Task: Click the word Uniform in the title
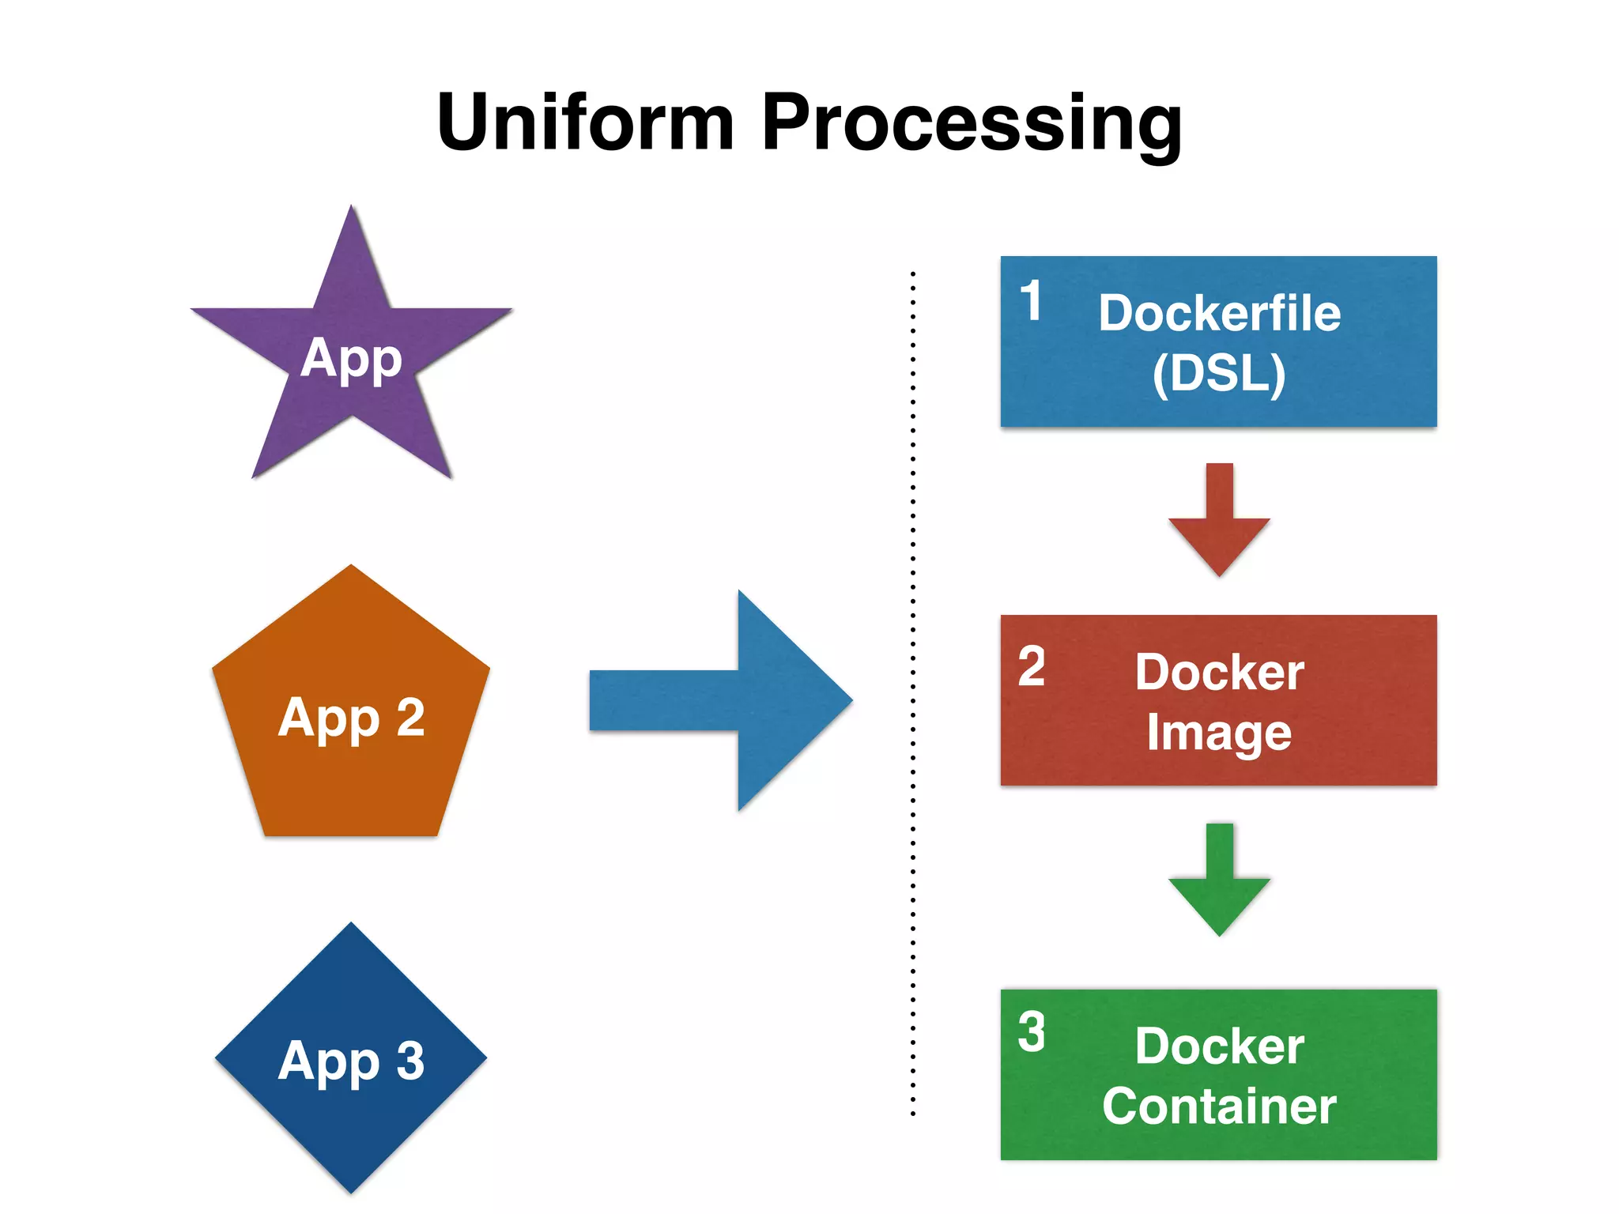[585, 123]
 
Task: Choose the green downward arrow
[1219, 885]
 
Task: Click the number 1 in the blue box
[1031, 301]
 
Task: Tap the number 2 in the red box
[1032, 666]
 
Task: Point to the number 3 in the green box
[1032, 1031]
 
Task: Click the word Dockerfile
[1219, 313]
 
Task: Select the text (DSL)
[1219, 373]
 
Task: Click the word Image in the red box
[1219, 733]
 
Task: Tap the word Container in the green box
[1219, 1106]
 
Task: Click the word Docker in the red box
[1219, 673]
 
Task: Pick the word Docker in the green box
[1219, 1046]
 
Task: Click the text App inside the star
[352, 359]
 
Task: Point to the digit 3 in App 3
[410, 1061]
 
